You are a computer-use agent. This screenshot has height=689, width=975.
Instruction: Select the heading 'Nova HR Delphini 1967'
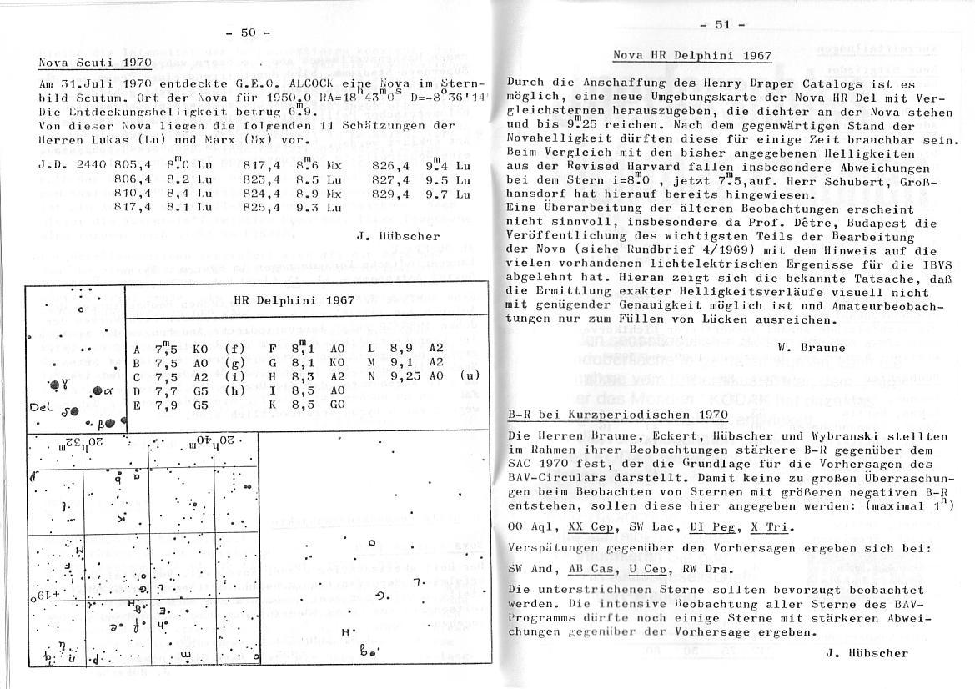692,56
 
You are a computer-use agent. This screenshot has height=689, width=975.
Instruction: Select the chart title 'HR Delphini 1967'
294,300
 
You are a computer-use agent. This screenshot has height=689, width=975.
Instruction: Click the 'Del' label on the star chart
41,409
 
